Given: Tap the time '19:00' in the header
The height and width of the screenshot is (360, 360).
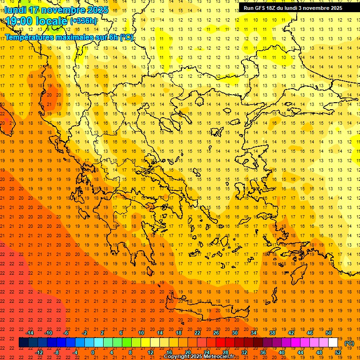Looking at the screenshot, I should [19, 21].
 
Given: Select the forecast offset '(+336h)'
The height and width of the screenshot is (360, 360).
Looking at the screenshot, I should [84, 21].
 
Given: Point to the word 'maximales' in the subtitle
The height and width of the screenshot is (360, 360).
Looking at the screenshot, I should [74, 37].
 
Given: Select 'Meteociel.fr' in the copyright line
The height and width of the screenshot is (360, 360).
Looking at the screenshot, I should [222, 357].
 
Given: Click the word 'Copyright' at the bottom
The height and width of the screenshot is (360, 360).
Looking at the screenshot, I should [177, 357].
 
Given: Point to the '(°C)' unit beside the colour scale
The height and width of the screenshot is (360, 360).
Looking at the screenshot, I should [349, 343].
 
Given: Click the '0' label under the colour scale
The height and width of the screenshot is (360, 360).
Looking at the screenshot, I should [93, 352].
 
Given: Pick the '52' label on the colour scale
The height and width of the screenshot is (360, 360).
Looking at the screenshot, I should [338, 352].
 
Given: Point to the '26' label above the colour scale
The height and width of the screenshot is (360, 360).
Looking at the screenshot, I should [216, 333].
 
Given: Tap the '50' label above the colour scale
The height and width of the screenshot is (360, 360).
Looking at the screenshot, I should [329, 333].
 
